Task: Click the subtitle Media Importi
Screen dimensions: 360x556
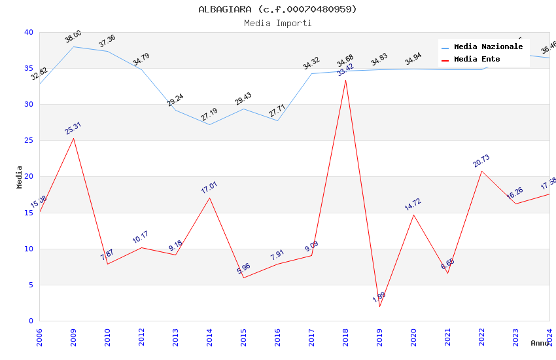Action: pos(277,23)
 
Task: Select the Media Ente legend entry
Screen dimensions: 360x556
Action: pos(477,60)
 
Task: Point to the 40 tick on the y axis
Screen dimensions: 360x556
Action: pos(28,32)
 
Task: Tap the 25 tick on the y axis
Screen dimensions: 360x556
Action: pos(28,141)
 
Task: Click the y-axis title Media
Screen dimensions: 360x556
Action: pos(20,177)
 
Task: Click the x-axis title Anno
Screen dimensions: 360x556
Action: pos(540,343)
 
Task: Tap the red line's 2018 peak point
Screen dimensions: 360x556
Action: pos(345,80)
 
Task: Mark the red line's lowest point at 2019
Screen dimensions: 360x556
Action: pos(379,306)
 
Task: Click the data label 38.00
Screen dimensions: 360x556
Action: pos(73,37)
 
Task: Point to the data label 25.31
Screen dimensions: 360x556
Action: pos(73,128)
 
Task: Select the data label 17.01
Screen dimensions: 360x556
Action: pos(209,188)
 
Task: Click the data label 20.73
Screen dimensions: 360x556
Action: pos(481,161)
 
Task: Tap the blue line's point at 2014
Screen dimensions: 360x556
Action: pos(209,124)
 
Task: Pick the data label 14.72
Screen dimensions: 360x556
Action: pos(413,204)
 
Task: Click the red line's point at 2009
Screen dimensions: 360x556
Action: pos(73,138)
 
